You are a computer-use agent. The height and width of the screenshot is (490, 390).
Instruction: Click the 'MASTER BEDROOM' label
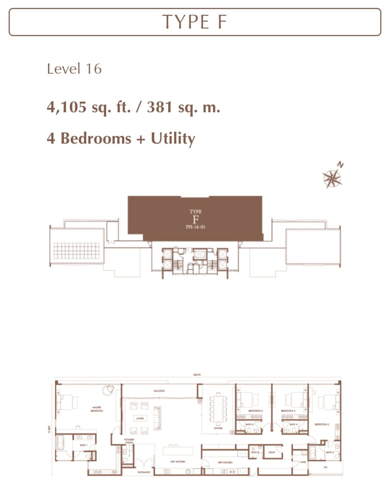(97, 409)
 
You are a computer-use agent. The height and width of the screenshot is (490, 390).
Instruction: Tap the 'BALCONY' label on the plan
(160, 391)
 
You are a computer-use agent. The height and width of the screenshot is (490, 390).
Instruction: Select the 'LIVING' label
(139, 418)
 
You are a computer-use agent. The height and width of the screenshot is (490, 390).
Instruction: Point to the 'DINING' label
(217, 428)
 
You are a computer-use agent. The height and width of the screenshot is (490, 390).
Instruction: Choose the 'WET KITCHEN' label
(225, 463)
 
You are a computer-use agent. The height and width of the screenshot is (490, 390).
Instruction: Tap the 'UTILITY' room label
(272, 452)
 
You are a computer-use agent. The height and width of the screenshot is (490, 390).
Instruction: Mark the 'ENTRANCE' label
(144, 472)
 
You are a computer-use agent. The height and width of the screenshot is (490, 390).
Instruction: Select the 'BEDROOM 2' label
(322, 425)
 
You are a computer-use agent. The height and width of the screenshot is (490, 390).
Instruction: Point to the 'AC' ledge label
(325, 467)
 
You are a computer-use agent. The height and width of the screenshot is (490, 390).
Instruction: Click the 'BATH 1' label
(84, 445)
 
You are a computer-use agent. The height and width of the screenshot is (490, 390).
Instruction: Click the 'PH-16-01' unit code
(195, 227)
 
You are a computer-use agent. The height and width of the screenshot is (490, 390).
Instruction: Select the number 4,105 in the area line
(66, 107)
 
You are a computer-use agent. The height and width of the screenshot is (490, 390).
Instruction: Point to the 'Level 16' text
(74, 69)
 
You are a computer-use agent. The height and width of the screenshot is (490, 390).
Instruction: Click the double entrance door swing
(141, 463)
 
